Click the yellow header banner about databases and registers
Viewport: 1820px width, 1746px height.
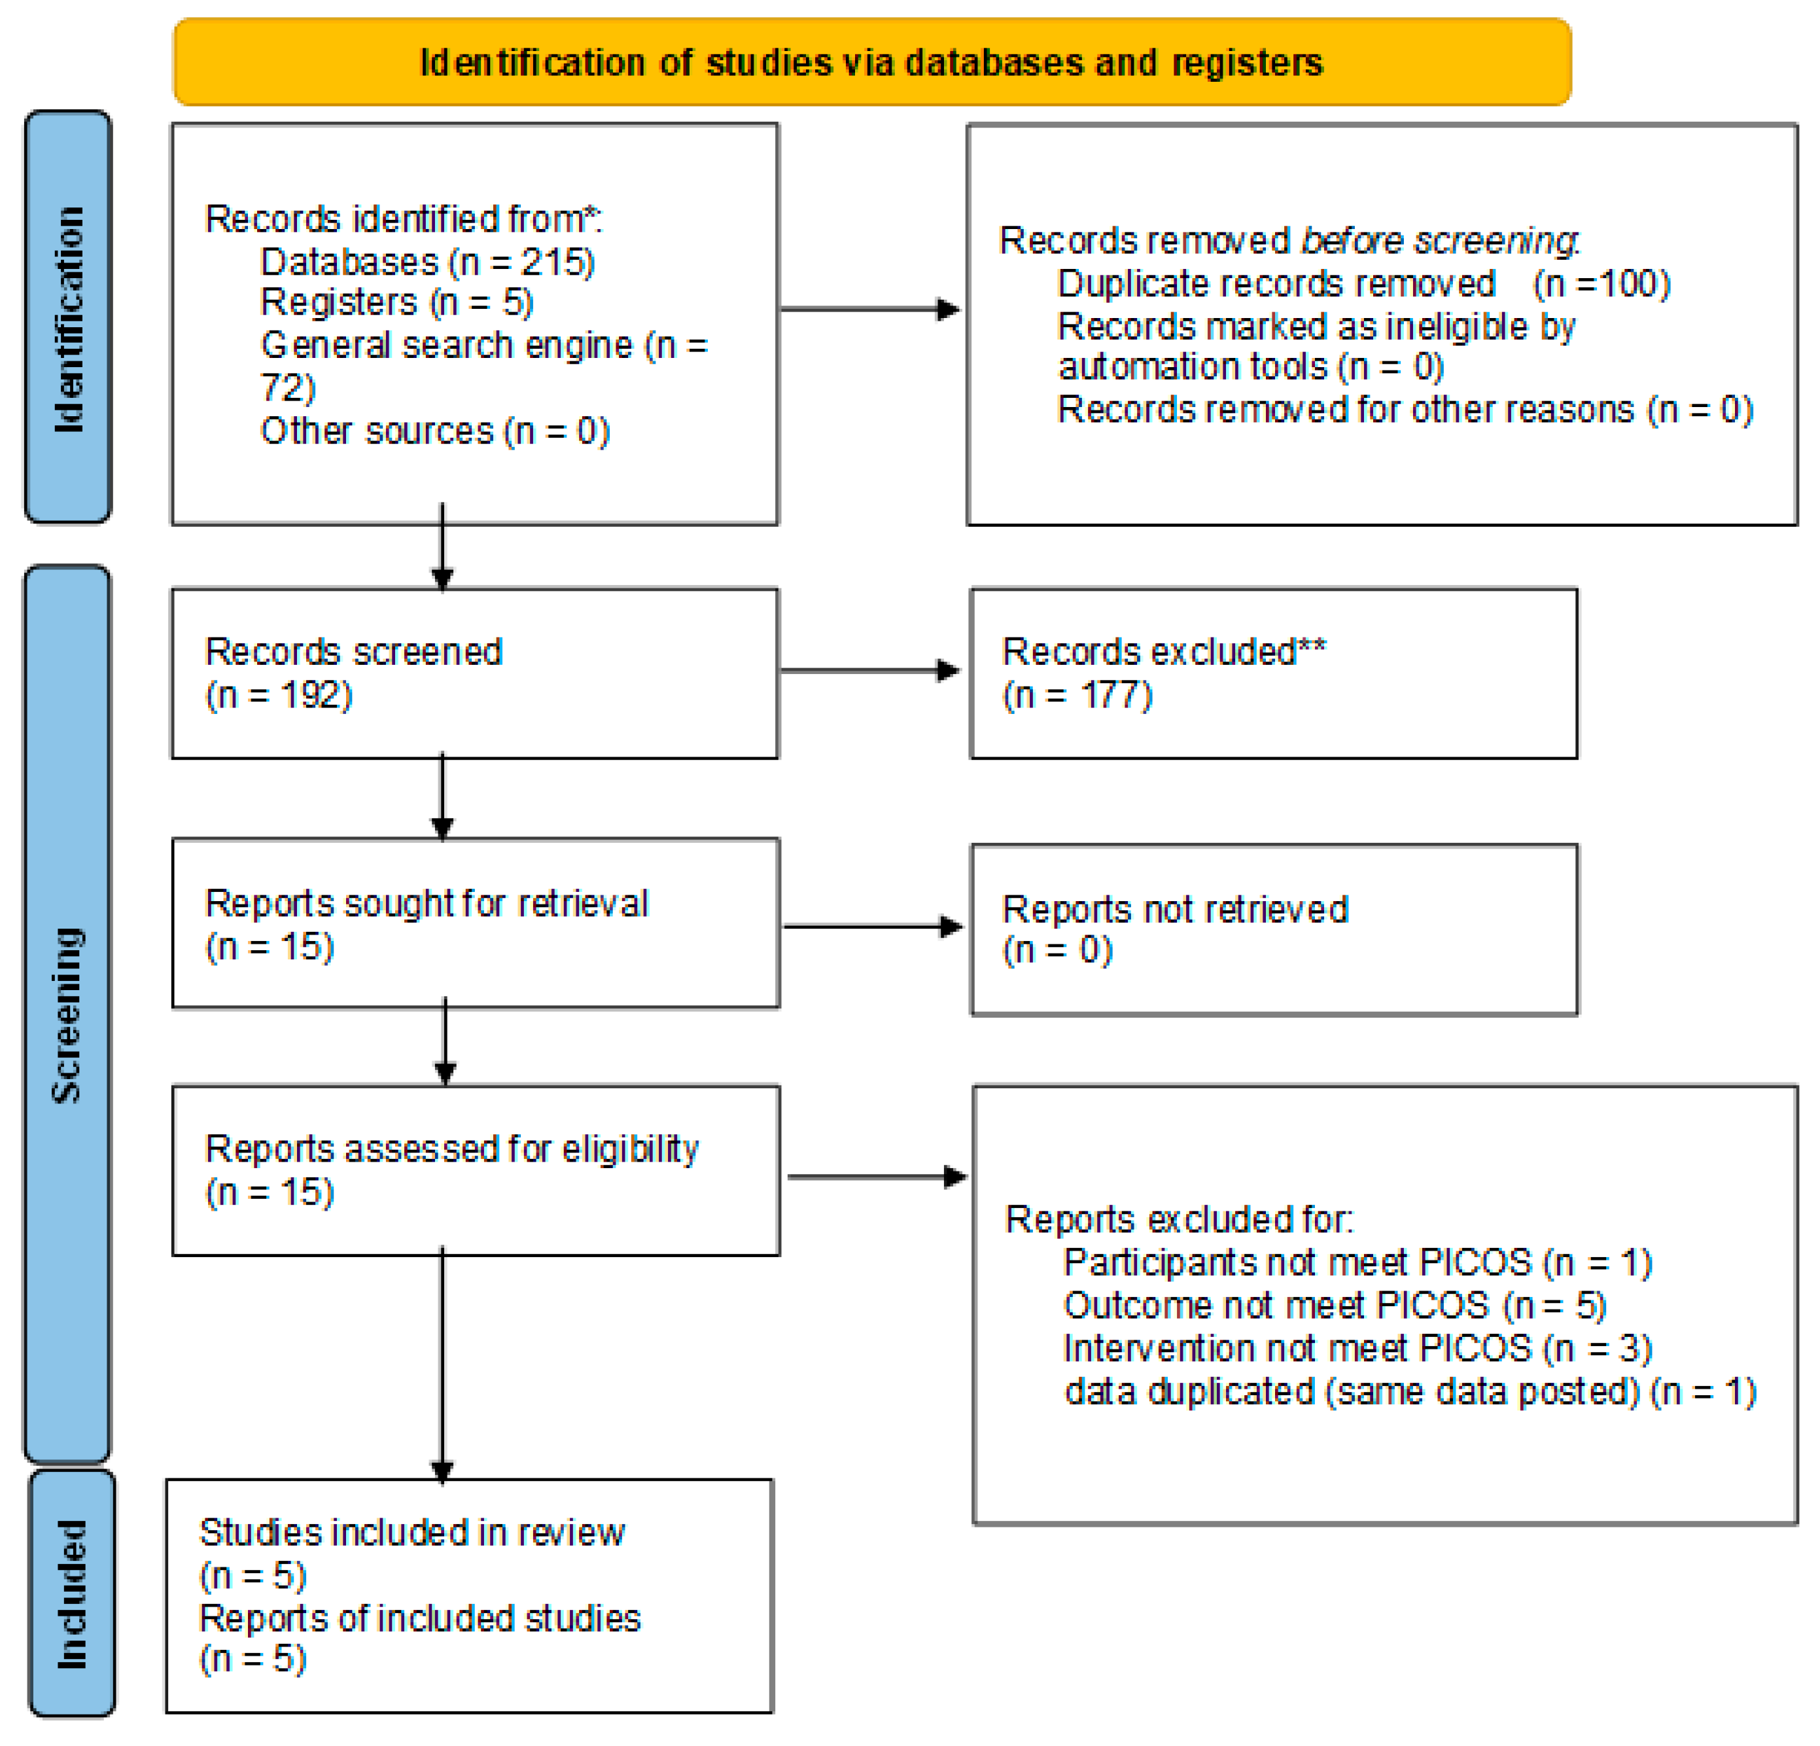coord(871,62)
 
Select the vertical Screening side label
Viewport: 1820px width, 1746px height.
coord(67,1014)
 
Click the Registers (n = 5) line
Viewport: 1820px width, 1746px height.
coord(396,303)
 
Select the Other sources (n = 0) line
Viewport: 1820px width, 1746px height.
coord(434,431)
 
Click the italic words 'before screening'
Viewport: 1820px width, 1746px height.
coord(1439,241)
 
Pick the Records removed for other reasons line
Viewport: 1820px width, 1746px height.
coord(1404,410)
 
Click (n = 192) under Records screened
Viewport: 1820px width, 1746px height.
coord(279,695)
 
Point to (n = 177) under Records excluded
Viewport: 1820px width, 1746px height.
coord(1077,695)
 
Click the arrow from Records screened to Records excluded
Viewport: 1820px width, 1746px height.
coord(869,669)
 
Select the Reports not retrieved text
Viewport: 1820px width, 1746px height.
coord(1175,909)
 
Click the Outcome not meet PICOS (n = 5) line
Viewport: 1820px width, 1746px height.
coord(1335,1305)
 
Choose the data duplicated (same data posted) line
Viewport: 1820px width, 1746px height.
coord(1410,1391)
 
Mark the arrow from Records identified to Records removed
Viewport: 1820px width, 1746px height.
coord(869,310)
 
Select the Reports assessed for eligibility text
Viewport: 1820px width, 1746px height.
coord(451,1149)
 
